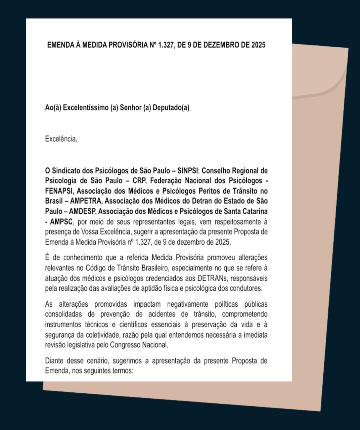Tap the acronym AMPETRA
tap(87, 201)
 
